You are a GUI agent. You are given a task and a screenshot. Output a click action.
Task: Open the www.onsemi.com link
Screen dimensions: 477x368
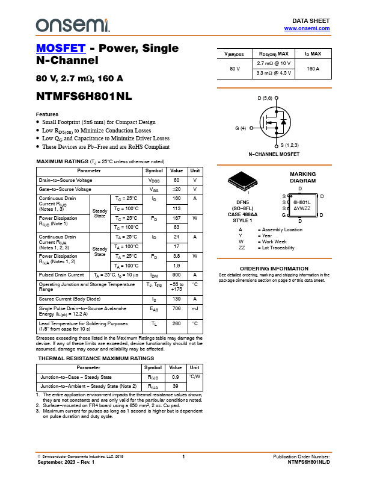(307, 28)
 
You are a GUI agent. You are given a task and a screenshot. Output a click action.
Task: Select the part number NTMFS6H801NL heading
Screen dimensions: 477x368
(84, 96)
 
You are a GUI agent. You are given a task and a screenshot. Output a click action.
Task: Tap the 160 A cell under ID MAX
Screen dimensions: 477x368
(313, 68)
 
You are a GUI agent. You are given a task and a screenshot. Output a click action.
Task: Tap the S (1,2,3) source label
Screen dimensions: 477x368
(290, 145)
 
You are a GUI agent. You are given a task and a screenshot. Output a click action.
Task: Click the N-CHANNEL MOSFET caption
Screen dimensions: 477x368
(274, 155)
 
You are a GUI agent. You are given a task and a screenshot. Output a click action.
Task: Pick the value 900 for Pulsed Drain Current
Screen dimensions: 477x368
(177, 275)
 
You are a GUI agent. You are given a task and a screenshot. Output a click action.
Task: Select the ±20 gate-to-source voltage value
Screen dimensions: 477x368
(177, 189)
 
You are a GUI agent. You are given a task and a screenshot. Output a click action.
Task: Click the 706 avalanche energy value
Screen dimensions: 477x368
(177, 308)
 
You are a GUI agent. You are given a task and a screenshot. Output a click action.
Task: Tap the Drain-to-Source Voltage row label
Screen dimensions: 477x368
(66, 180)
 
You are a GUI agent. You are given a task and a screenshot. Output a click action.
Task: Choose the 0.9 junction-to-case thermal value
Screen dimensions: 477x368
(176, 377)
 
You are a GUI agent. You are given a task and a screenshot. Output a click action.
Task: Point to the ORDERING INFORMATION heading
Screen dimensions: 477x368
(274, 268)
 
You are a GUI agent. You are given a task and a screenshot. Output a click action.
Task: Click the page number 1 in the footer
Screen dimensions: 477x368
(183, 458)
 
